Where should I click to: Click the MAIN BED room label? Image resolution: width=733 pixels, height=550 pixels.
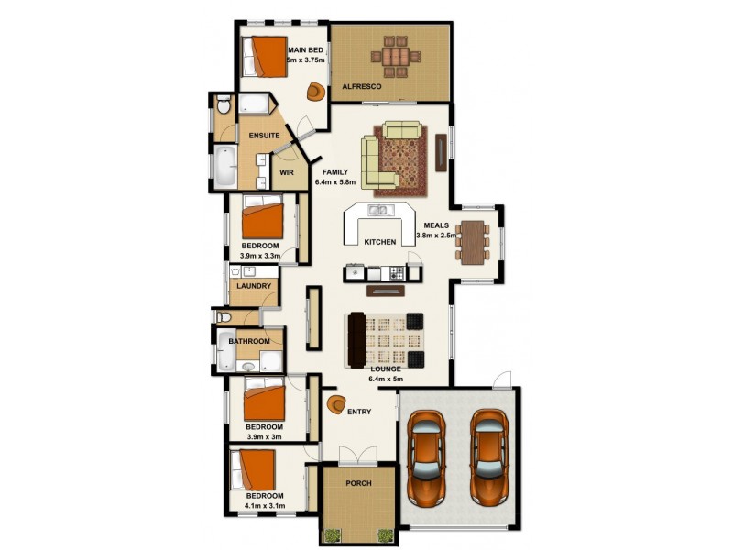(306, 50)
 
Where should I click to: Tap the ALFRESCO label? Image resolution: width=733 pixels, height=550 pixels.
(362, 86)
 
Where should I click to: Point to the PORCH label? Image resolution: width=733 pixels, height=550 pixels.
(358, 483)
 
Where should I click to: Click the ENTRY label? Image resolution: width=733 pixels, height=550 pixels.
(359, 412)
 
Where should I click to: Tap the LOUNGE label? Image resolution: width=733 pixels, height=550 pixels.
(385, 368)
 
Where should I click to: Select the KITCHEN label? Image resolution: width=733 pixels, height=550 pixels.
(379, 242)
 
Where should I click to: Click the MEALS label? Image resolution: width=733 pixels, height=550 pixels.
(436, 225)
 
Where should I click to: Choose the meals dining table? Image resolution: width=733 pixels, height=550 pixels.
(472, 242)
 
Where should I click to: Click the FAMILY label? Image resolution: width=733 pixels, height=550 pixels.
(333, 171)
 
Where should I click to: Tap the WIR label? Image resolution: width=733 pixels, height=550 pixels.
(286, 171)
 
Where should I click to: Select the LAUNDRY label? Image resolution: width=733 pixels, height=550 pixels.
(252, 286)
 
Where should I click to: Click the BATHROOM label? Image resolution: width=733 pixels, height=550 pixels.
(249, 341)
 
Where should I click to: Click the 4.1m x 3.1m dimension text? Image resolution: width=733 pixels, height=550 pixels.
(265, 505)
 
